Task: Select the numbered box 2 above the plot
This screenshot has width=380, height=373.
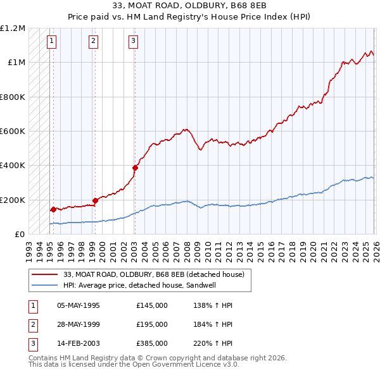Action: (x=93, y=42)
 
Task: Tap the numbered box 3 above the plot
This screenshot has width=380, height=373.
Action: (x=134, y=42)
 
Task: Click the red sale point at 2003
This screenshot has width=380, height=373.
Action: (x=135, y=168)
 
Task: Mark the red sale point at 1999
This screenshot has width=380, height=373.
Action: (x=95, y=200)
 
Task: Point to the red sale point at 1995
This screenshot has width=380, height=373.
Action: (x=53, y=209)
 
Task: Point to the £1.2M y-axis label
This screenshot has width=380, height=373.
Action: (x=13, y=28)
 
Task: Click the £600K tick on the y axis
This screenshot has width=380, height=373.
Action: (x=13, y=131)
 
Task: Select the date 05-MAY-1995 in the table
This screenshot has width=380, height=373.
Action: (x=79, y=305)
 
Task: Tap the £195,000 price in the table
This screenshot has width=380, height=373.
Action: (x=152, y=324)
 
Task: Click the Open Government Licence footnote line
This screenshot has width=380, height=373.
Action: (x=134, y=365)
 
